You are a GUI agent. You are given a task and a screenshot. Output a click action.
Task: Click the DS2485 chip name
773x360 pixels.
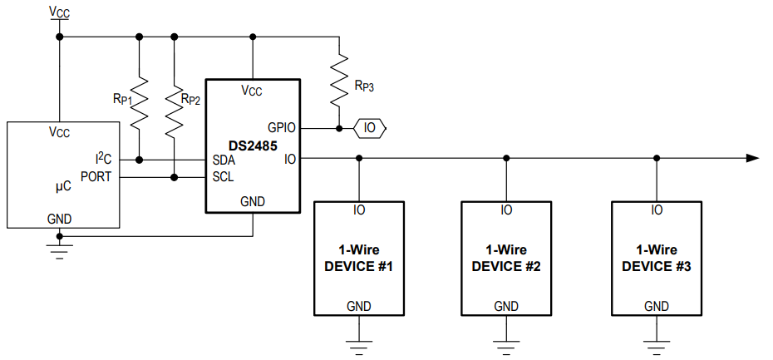coord(253,144)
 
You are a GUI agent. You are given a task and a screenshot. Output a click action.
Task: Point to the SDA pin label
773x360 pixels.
coord(224,160)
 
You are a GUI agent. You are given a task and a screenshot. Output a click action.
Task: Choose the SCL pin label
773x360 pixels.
coord(224,177)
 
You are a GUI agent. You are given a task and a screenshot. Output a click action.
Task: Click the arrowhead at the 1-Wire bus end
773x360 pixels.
coord(752,158)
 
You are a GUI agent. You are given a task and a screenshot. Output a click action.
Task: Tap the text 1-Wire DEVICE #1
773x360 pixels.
coord(357,258)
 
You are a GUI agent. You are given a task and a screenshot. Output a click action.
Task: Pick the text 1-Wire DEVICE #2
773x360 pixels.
coord(506,258)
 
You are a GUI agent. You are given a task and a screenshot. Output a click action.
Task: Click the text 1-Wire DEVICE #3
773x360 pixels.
coord(657,258)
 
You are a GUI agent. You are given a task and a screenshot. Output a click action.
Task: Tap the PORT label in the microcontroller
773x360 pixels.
coord(96,176)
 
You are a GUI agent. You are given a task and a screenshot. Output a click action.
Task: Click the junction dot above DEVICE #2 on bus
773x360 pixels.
coord(506,158)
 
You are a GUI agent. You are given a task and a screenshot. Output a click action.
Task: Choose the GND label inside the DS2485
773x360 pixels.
coord(253,201)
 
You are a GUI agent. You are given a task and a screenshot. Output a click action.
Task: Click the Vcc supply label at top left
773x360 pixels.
coord(59,12)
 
